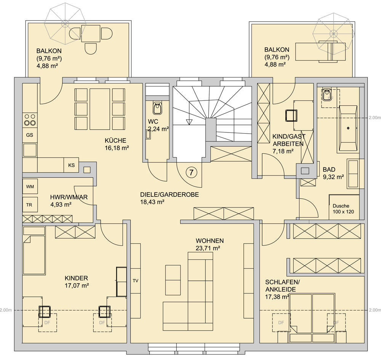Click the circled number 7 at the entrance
192,173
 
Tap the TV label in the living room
136,281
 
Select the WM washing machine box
30,186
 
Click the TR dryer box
30,205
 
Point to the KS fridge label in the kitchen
72,165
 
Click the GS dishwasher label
30,135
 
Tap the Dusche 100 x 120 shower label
343,209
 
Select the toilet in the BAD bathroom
327,94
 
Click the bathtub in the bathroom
347,129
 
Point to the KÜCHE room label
115,140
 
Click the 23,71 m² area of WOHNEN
208,248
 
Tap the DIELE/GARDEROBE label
170,195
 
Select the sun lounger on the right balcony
320,52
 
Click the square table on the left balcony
91,33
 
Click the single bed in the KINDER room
34,250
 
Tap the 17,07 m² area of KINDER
77,285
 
